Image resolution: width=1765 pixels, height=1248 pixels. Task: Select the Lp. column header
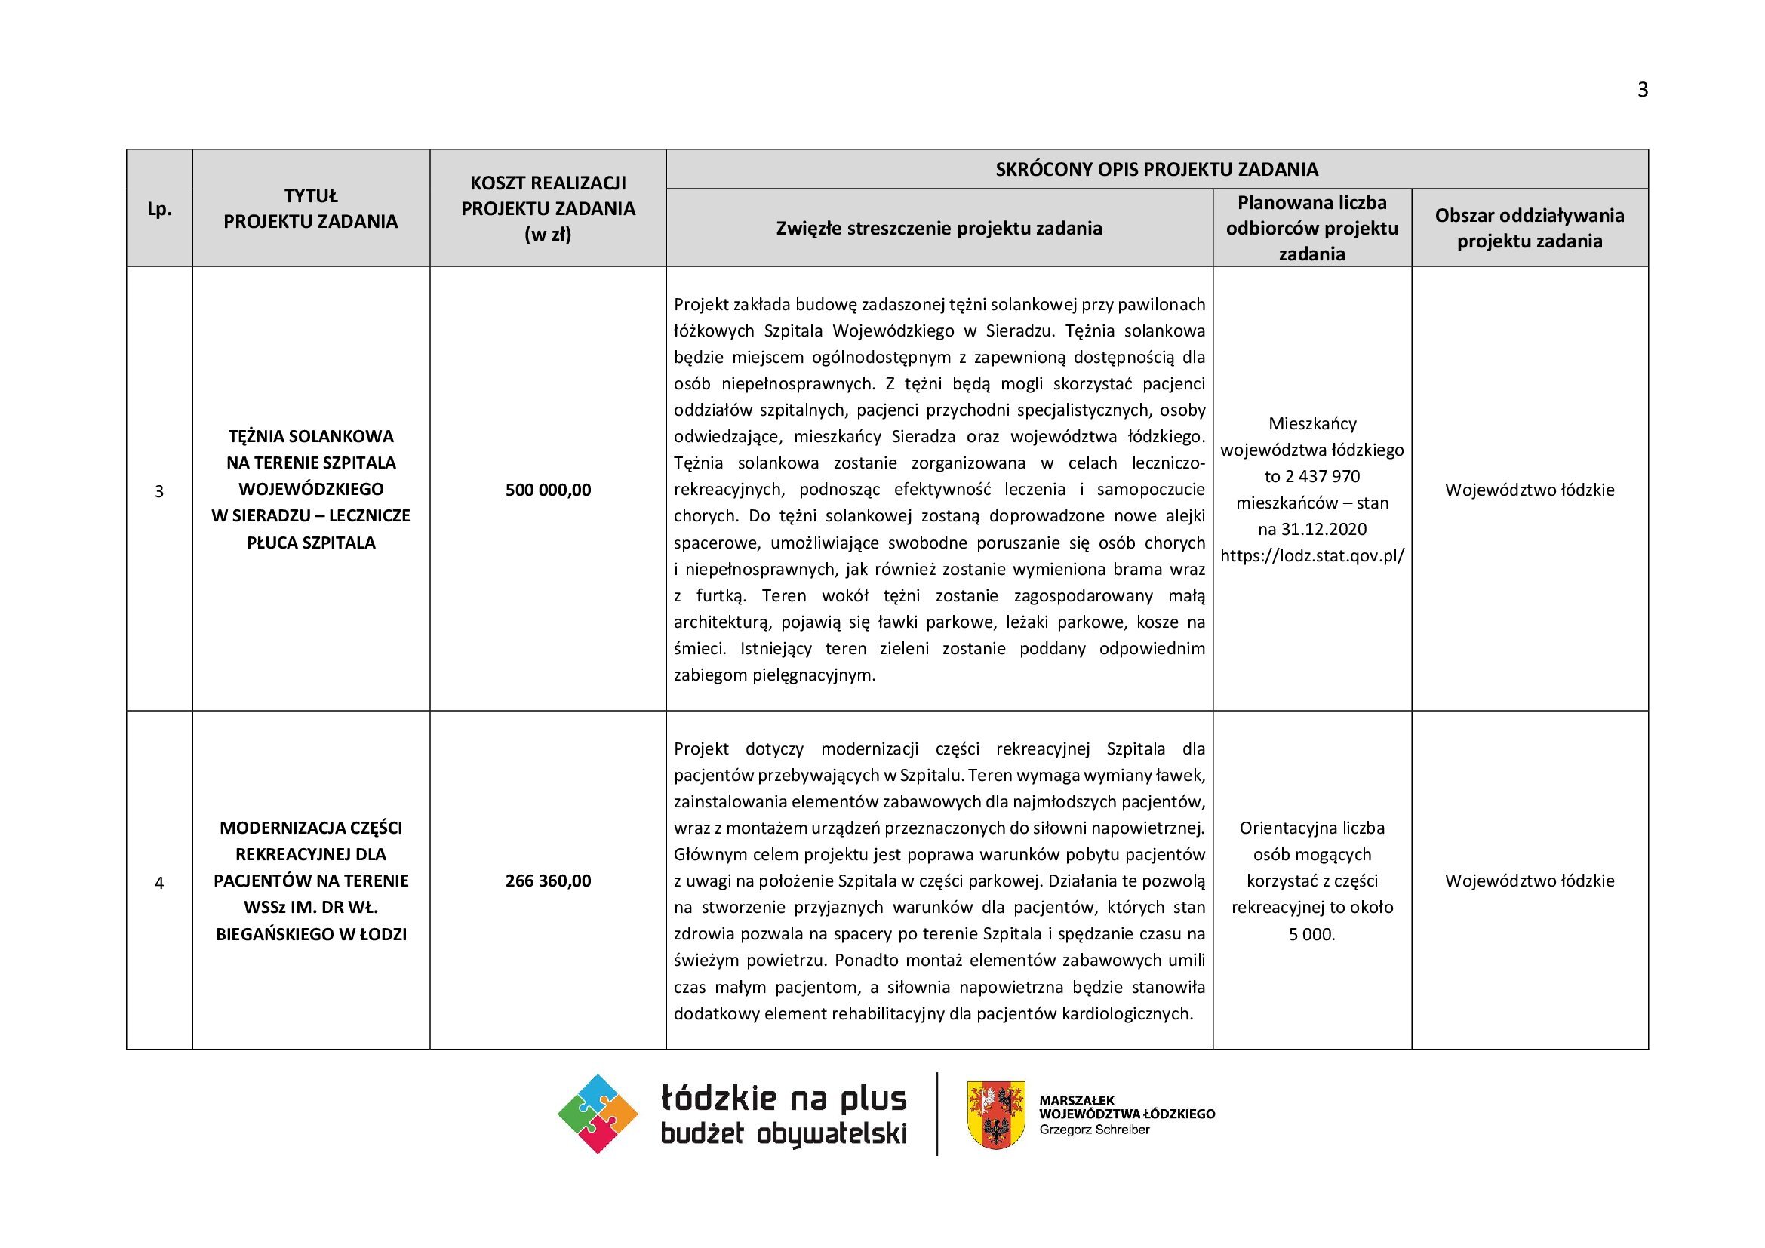pos(159,209)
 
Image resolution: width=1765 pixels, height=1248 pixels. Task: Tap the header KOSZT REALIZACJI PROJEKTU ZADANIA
pos(548,208)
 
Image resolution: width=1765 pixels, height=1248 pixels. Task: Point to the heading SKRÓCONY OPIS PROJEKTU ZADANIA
pos(1156,169)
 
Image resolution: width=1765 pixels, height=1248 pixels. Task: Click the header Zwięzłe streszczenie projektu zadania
pos(939,228)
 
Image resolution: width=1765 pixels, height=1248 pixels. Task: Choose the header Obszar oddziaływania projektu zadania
pos(1529,228)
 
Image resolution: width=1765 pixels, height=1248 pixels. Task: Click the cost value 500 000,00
pos(548,490)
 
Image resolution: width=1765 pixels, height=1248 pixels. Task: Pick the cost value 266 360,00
pos(548,881)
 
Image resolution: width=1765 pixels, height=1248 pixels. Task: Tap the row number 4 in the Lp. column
pos(159,883)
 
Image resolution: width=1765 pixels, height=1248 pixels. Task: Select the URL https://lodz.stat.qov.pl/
pos(1311,555)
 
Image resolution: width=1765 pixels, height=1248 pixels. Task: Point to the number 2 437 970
pos(1322,476)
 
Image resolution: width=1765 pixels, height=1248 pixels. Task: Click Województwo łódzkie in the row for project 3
pos(1529,490)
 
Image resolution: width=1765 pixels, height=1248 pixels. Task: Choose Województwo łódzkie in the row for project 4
pos(1529,881)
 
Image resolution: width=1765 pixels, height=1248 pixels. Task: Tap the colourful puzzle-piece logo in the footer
pos(598,1114)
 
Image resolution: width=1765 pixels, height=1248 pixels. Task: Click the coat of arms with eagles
pos(995,1114)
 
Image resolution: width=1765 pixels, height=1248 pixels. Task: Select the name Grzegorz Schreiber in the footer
pos(1094,1130)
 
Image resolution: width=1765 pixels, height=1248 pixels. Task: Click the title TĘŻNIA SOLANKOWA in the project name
pos(311,436)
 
